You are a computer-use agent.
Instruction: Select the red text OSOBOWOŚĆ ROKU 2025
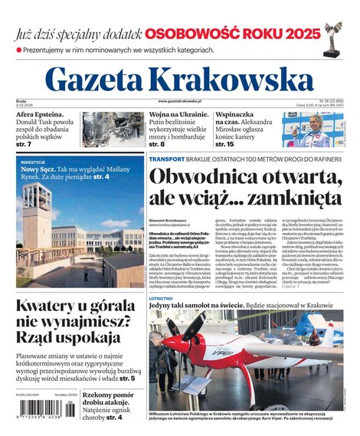[x=231, y=34]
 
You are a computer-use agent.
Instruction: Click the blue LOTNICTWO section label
[x=161, y=299]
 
